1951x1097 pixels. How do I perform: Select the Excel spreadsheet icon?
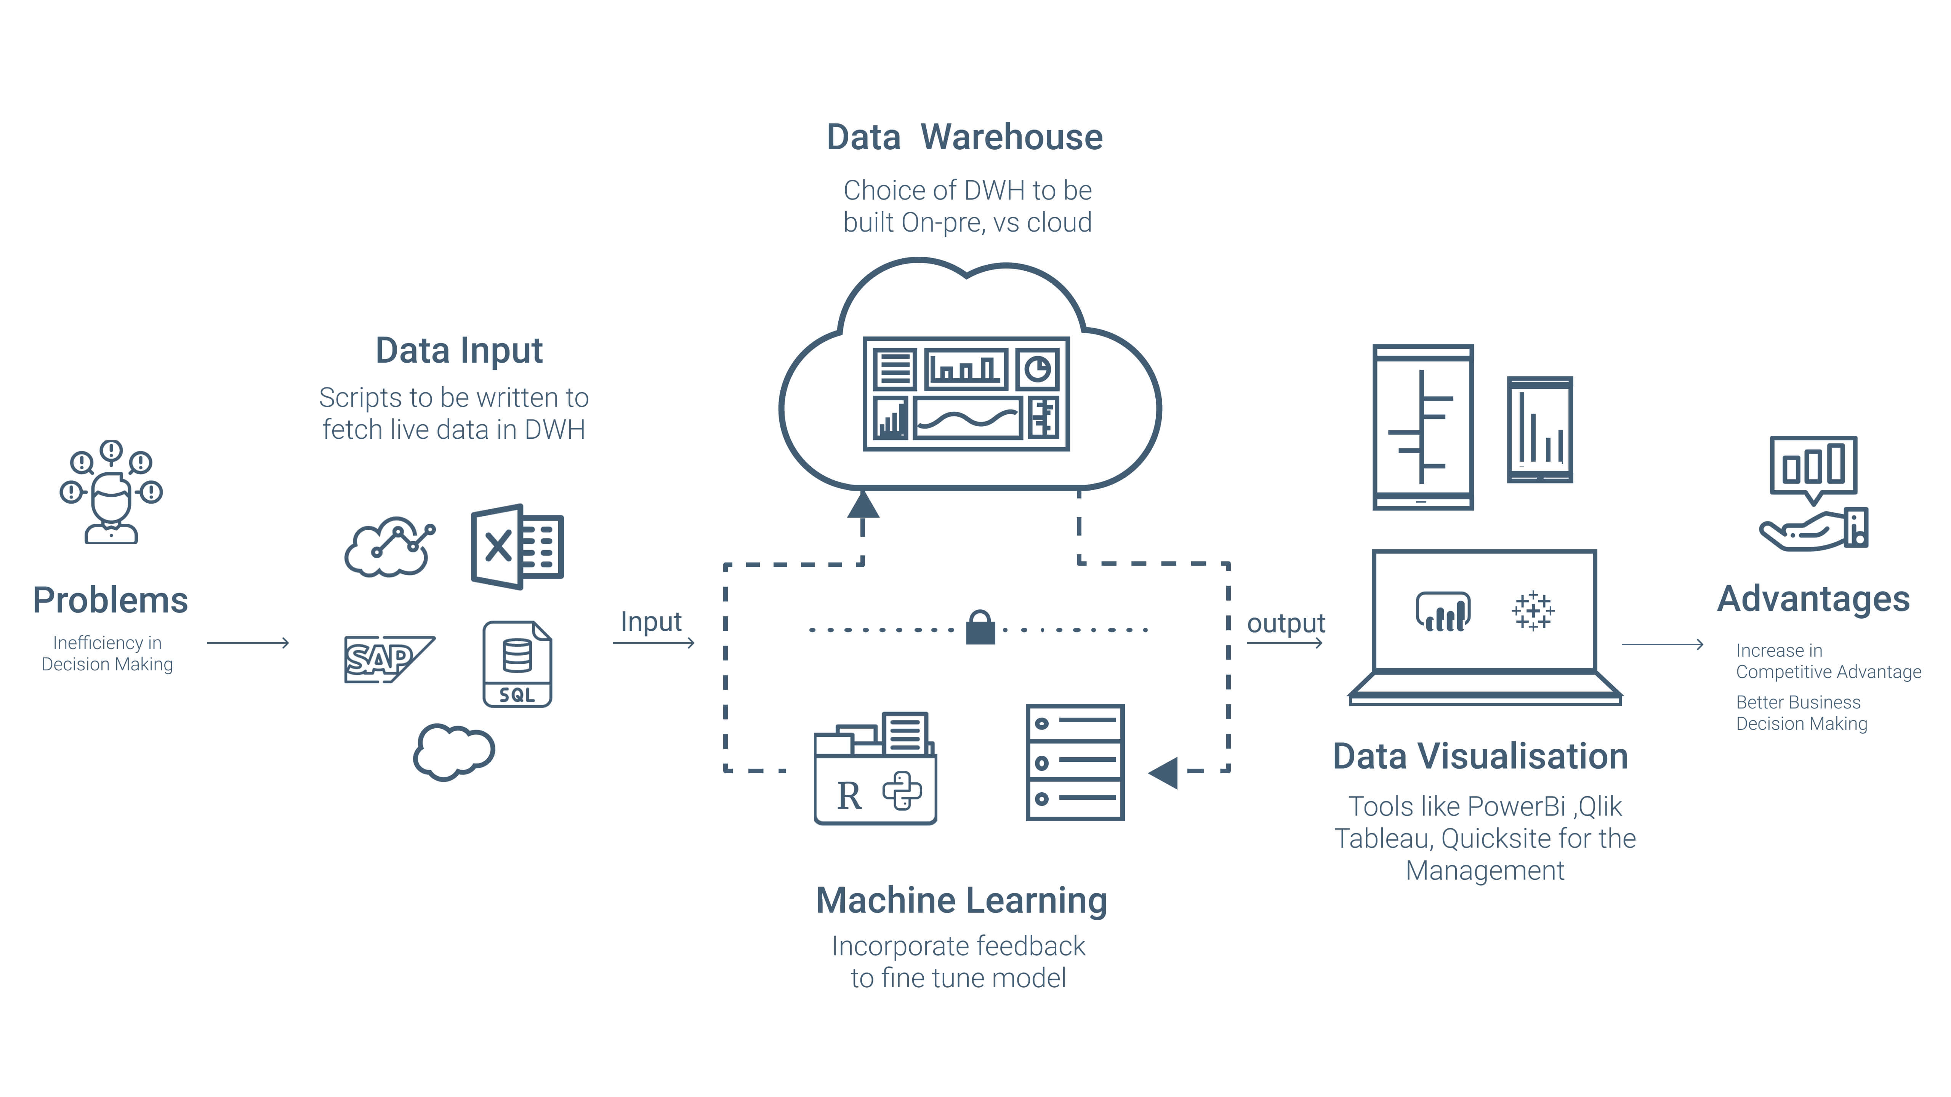(x=517, y=547)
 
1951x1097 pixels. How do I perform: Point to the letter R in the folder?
(x=849, y=796)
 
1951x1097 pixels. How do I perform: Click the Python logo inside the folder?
(x=902, y=791)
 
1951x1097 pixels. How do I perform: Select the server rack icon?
(x=1075, y=762)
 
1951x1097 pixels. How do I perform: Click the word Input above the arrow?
(x=650, y=622)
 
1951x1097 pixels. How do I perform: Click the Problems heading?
(x=111, y=600)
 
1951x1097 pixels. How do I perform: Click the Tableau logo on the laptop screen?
(x=1533, y=610)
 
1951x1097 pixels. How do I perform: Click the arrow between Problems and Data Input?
(x=248, y=643)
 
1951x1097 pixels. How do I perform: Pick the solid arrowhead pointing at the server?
(x=1164, y=772)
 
